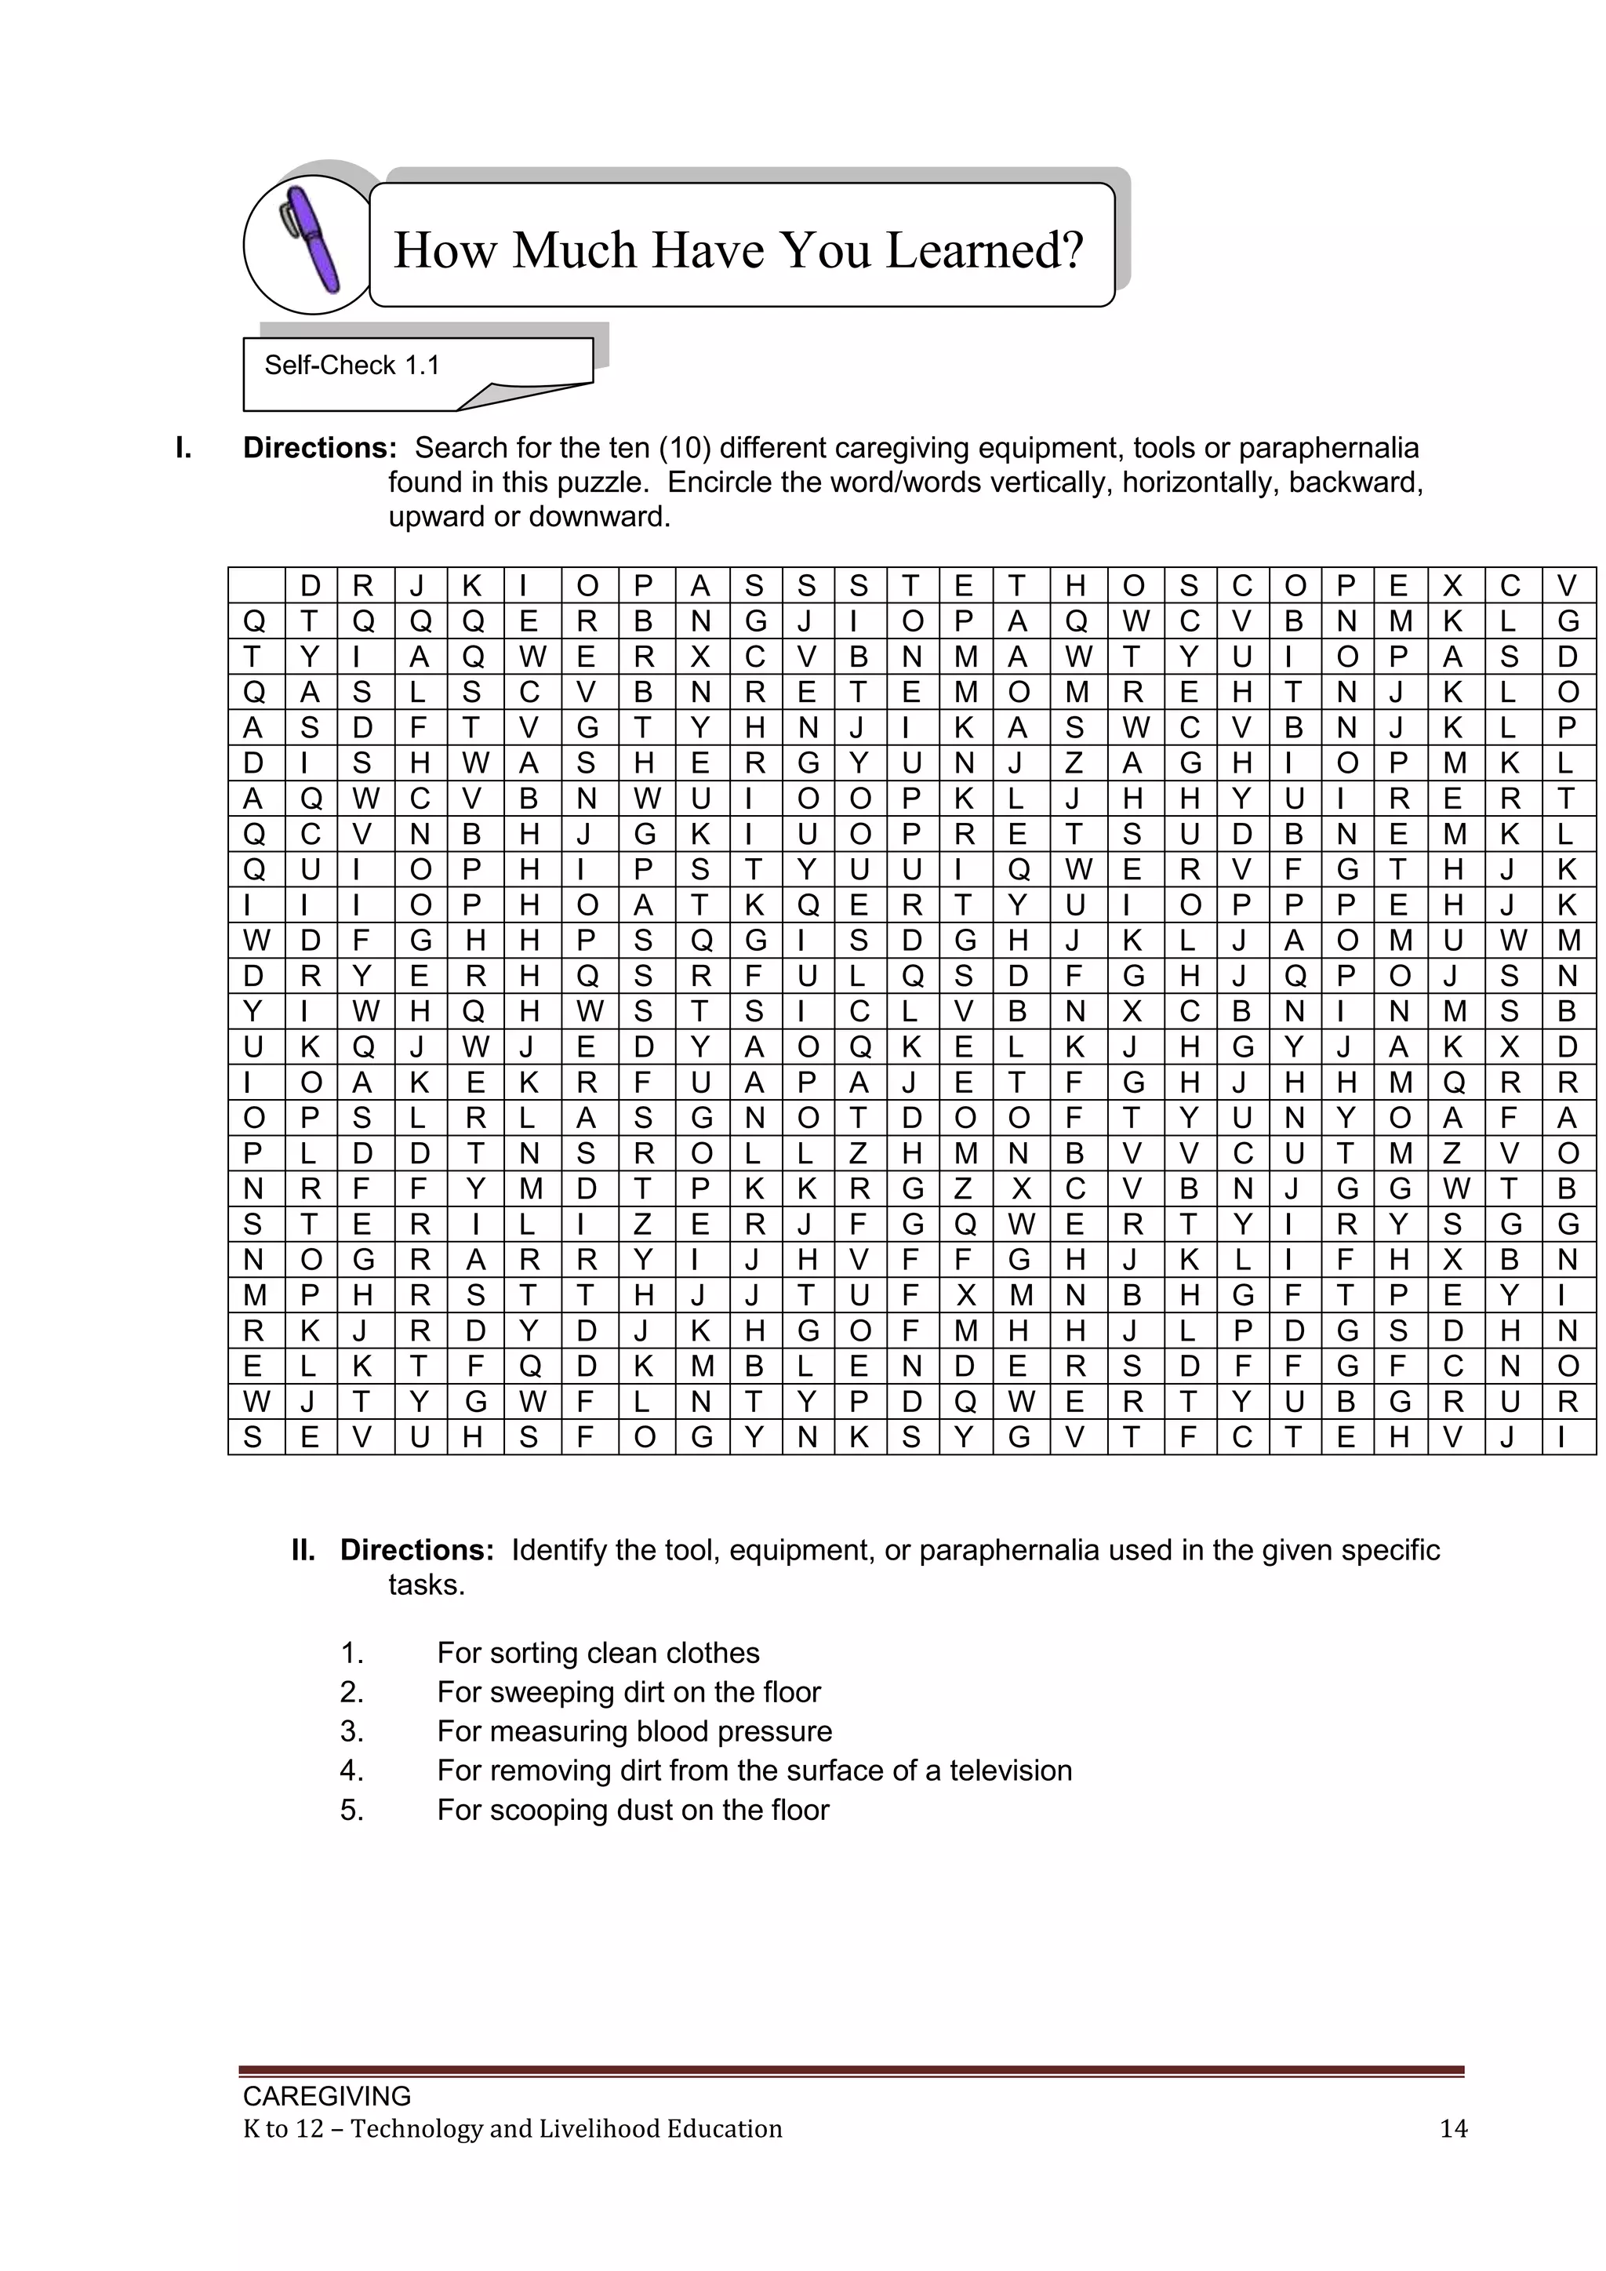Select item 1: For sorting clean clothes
tap(598, 1653)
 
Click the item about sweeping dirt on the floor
tap(628, 1692)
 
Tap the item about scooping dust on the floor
tap(633, 1810)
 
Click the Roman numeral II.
tap(303, 1550)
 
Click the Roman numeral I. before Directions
tap(183, 448)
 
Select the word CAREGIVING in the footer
tap(327, 2096)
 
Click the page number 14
tap(1453, 2128)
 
